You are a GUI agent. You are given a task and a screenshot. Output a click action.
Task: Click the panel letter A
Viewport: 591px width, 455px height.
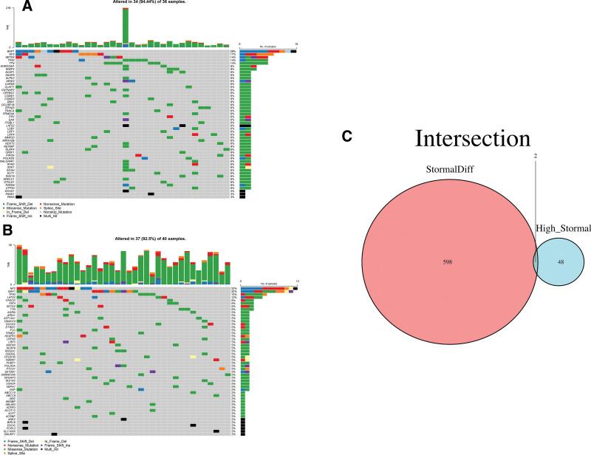coord(7,7)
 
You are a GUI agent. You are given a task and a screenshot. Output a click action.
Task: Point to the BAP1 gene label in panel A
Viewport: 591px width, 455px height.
coord(10,49)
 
